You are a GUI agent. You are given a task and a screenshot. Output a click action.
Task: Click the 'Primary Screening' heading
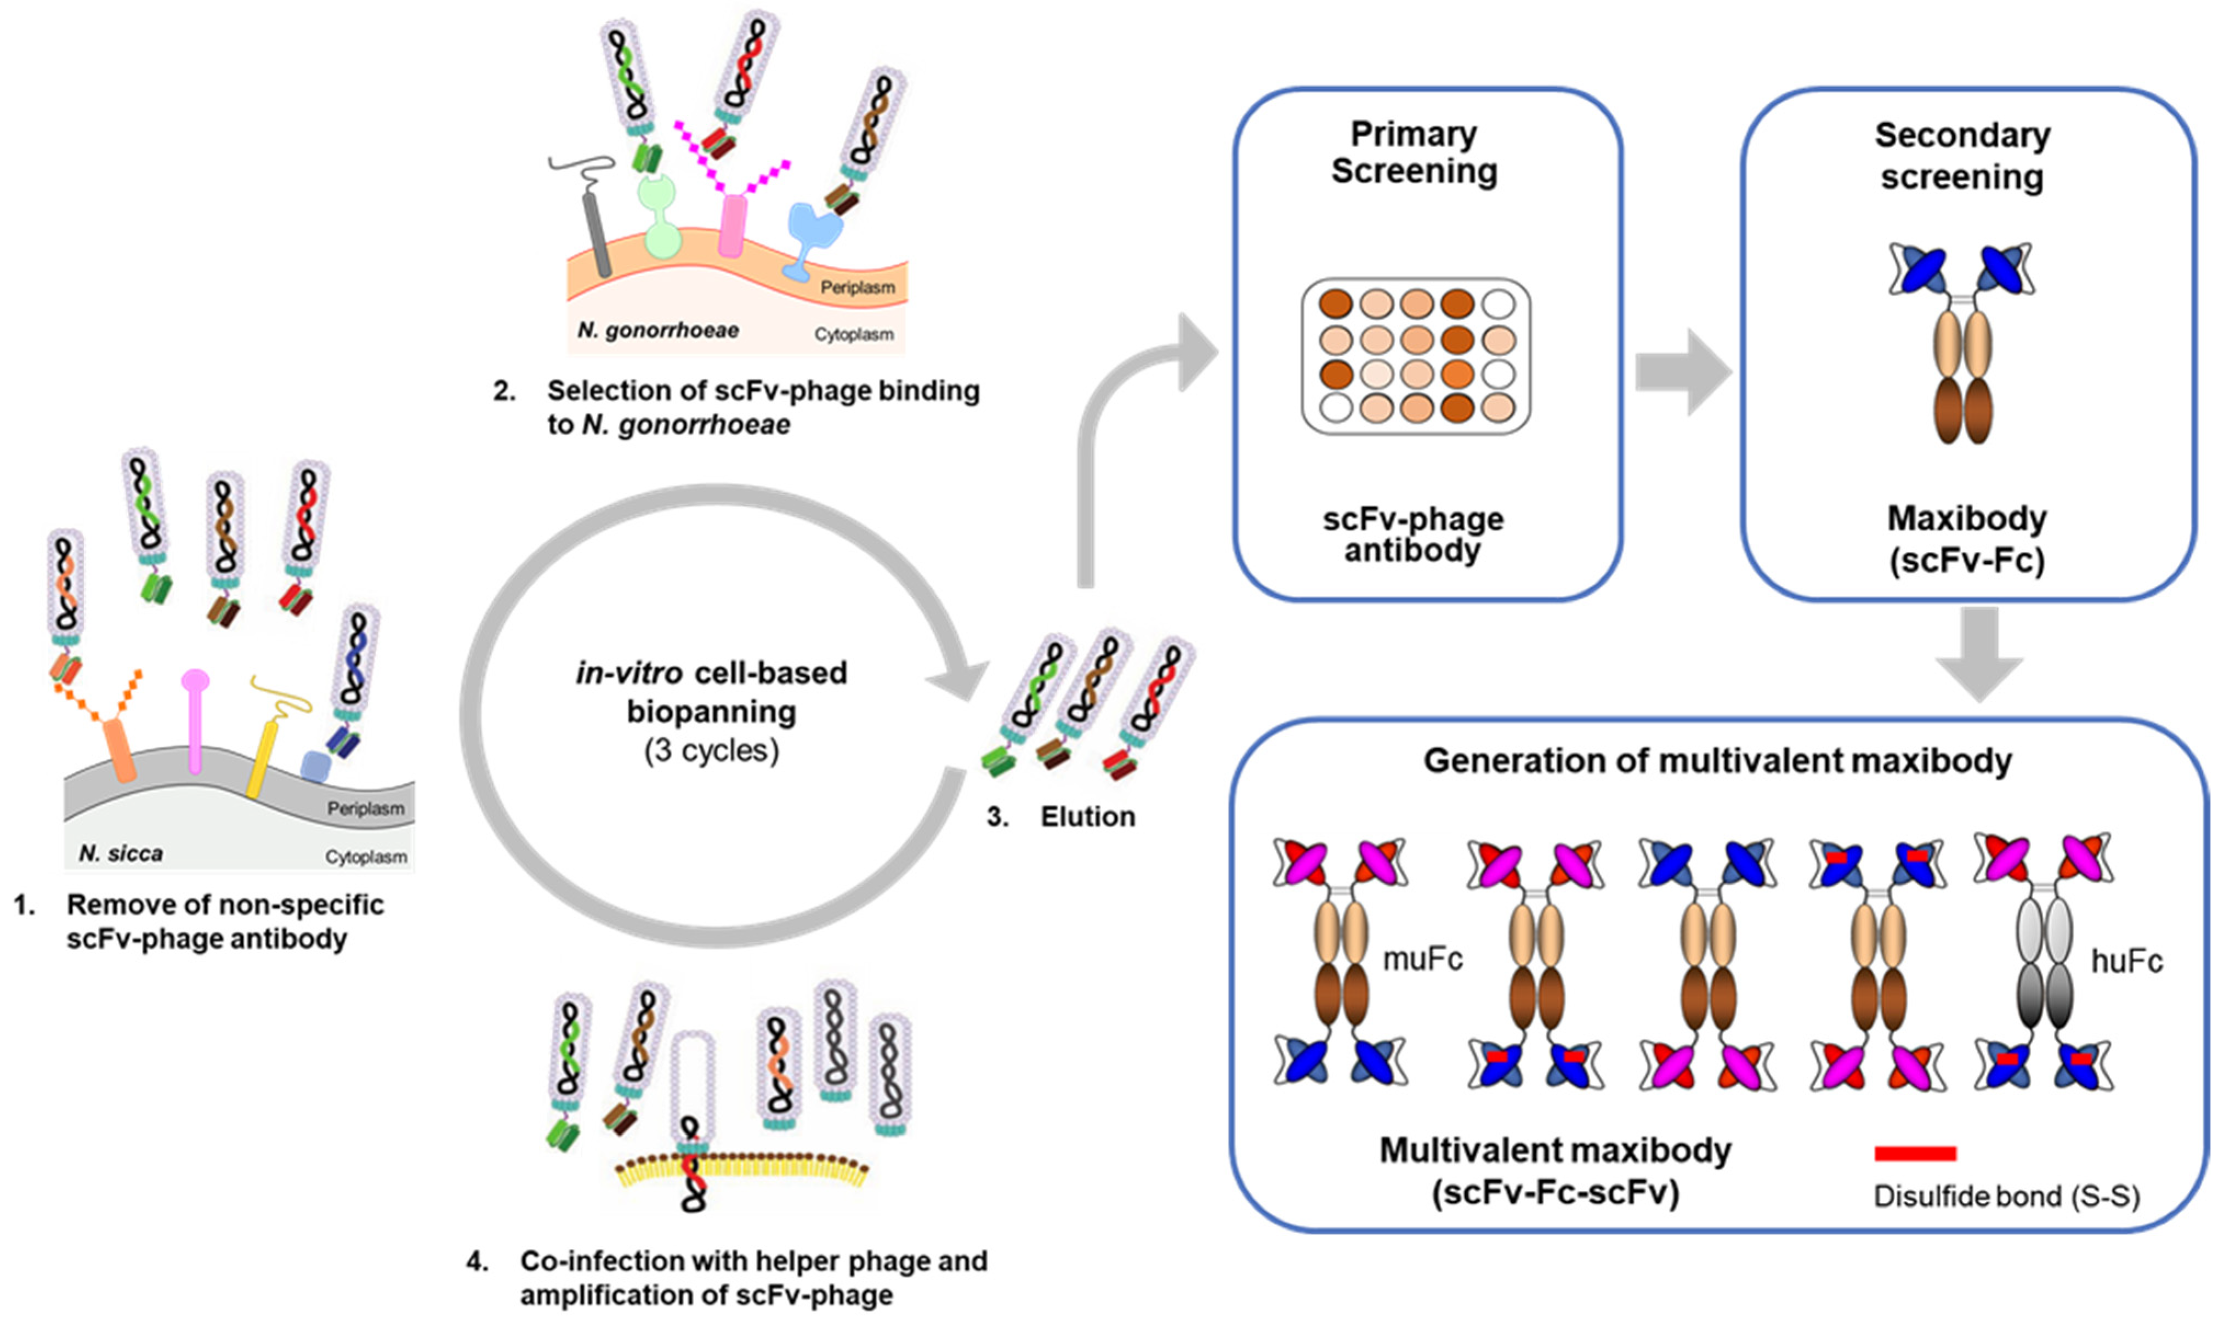coord(1414,152)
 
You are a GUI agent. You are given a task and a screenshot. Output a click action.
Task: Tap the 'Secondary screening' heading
coord(1962,156)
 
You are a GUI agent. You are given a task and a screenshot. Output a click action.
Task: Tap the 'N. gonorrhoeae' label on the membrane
coord(658,330)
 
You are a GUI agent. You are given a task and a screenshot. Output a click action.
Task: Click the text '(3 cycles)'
coord(711,750)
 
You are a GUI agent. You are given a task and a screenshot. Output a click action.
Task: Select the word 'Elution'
coord(1088,816)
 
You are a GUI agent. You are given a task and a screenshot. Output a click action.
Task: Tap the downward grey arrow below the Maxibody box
coord(1978,654)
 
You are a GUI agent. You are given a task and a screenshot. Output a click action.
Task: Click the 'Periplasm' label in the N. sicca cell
coord(365,808)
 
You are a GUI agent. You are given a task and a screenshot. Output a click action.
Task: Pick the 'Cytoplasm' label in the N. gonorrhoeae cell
coord(853,335)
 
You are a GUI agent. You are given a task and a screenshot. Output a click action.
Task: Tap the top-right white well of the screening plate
coord(1499,304)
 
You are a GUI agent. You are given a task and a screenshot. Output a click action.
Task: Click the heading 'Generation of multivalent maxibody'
coord(1716,761)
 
